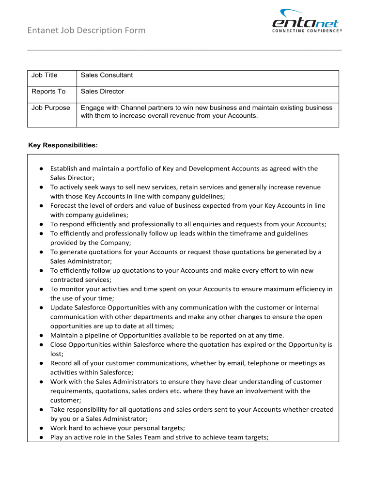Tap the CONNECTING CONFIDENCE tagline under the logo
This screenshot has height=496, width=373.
[307, 31]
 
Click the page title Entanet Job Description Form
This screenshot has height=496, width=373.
[86, 30]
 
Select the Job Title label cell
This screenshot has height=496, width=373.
[45, 75]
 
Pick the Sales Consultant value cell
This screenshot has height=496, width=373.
[107, 75]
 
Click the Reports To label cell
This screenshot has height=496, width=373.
[48, 92]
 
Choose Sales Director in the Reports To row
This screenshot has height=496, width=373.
[102, 92]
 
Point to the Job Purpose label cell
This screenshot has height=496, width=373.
[51, 108]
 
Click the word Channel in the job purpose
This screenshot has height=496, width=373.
[133, 108]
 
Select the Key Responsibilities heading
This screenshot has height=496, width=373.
[63, 145]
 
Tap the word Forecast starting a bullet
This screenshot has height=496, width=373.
[63, 205]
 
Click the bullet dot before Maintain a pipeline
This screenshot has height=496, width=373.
[42, 335]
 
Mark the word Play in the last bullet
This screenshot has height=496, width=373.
[57, 437]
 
